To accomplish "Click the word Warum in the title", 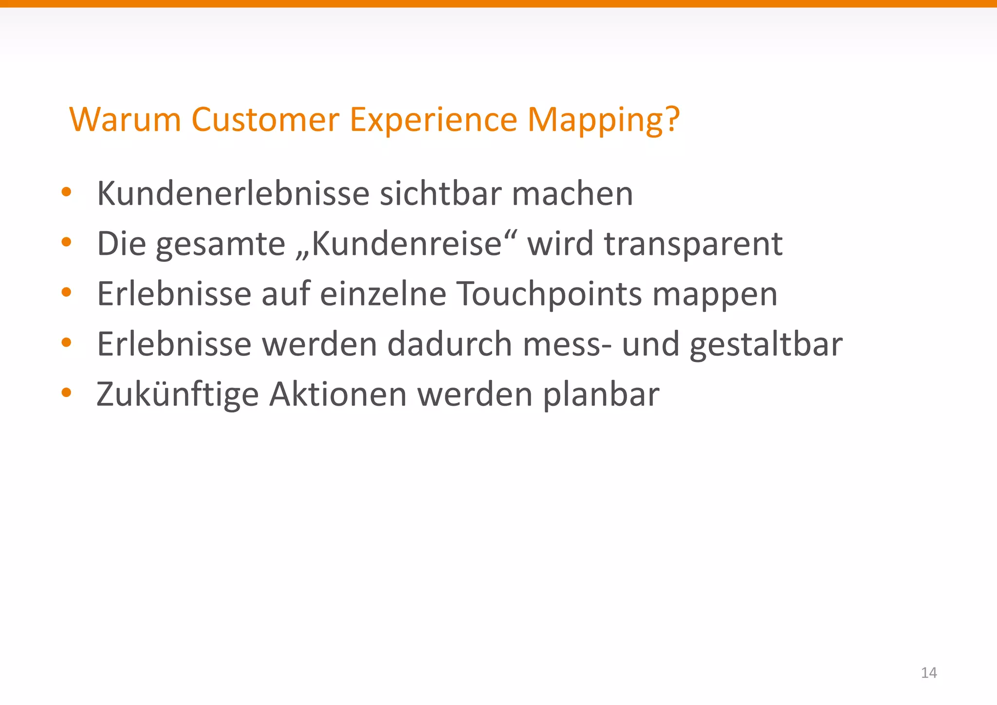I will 125,119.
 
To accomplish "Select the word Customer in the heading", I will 265,119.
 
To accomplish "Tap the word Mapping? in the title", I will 604,120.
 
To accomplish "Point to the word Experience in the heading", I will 433,120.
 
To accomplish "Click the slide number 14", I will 929,673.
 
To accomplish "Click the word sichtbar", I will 440,194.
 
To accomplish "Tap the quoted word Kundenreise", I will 407,244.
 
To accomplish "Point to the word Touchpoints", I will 550,294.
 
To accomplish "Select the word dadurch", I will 450,344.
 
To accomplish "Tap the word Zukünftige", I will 177,395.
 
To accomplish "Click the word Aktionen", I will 338,394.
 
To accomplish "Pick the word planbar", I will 601,395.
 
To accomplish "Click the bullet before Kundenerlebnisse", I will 67,192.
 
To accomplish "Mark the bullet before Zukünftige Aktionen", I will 67,392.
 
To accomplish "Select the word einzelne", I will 383,294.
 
